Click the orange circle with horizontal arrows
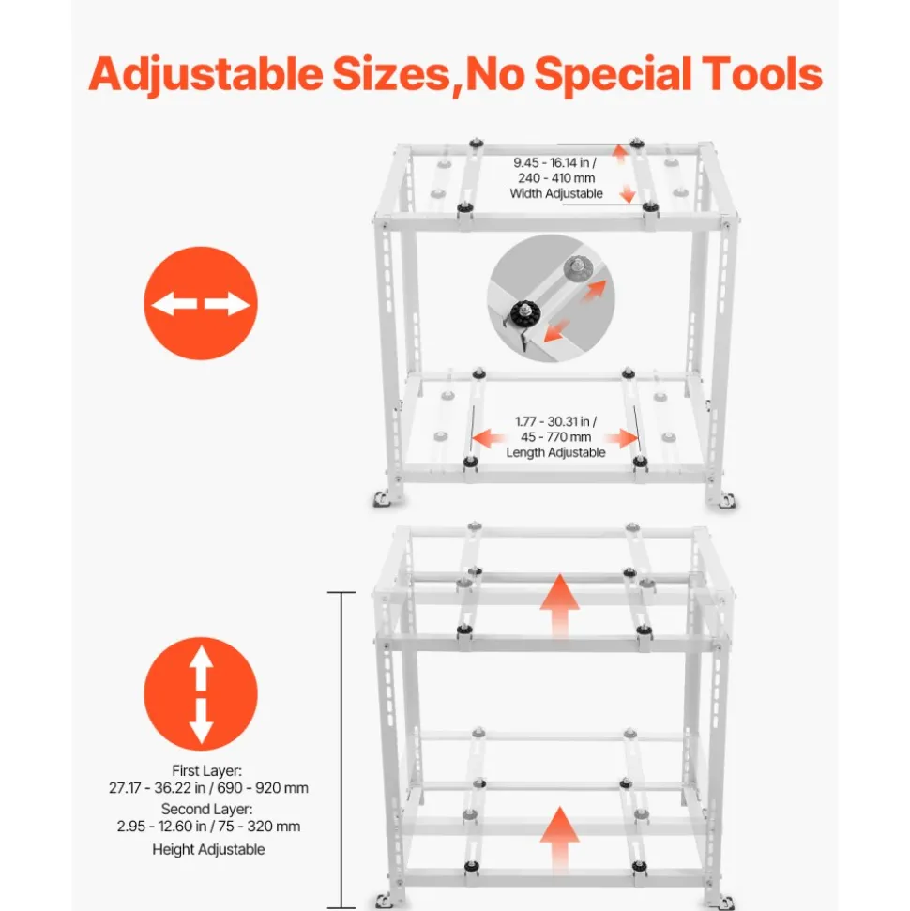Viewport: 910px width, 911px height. point(201,303)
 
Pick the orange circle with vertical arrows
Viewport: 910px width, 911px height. point(201,693)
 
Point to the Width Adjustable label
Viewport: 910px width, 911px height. point(556,194)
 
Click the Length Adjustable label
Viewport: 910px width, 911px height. point(555,452)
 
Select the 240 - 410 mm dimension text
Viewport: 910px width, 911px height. point(556,178)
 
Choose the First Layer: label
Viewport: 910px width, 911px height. point(207,771)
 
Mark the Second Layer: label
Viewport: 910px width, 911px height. point(207,810)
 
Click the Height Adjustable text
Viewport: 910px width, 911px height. point(208,849)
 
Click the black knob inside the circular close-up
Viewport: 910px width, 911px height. point(526,314)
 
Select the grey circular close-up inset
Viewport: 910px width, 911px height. point(551,298)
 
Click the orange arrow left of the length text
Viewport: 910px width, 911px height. point(488,437)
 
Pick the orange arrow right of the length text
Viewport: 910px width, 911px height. point(621,437)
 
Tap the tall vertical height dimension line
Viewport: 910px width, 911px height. point(341,750)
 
